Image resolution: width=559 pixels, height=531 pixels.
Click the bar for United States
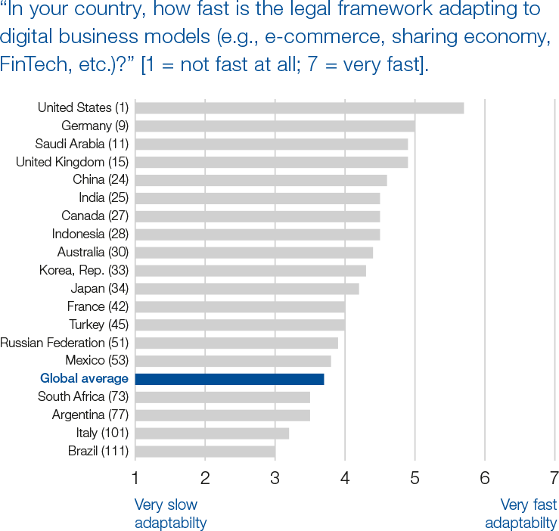pos(299,107)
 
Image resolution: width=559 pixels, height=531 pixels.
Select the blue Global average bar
pos(229,379)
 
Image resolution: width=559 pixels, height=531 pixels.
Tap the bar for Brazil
pos(205,452)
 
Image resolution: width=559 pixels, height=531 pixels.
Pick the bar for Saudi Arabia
pos(271,144)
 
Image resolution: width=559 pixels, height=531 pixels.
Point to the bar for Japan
pos(247,288)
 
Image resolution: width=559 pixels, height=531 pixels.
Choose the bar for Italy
pos(212,433)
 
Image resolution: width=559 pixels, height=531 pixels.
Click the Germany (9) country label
pos(95,126)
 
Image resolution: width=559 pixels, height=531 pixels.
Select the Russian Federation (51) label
pos(64,343)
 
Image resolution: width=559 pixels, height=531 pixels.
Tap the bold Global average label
pos(84,379)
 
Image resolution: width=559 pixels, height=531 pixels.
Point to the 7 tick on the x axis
pos(554,478)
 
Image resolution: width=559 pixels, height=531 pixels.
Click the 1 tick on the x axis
pos(135,478)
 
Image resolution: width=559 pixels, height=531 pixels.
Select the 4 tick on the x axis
pos(345,478)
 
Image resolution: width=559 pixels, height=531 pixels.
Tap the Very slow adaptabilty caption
pos(170,514)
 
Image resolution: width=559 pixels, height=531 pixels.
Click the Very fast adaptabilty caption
pos(520,514)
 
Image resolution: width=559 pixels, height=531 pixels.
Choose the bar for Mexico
pos(233,361)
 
